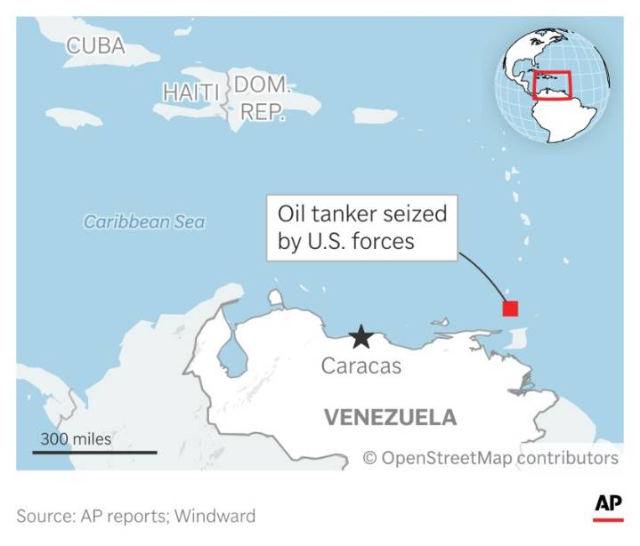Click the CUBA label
pos(95,45)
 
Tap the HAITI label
pos(190,91)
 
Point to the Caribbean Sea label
pos(144,222)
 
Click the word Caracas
pos(361,365)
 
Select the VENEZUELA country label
pos(390,417)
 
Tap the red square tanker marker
pos(510,309)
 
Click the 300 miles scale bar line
pos(94,453)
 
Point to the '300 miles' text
pos(76,438)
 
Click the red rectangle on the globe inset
pos(552,85)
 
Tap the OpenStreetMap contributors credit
pos(490,458)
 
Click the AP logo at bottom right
pos(608,506)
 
